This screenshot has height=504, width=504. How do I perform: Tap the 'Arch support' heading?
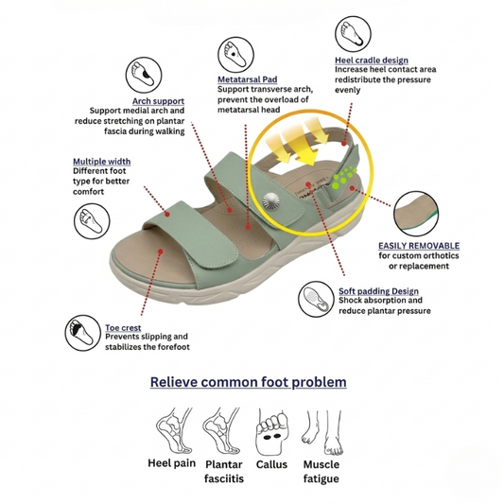pyautogui.click(x=159, y=101)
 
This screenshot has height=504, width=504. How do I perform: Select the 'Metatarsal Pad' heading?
pyautogui.click(x=248, y=79)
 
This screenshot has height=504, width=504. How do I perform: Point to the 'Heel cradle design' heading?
pyautogui.click(x=372, y=61)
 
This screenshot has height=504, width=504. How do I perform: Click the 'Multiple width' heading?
pyautogui.click(x=101, y=162)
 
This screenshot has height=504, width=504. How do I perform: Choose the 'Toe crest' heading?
pyautogui.click(x=123, y=328)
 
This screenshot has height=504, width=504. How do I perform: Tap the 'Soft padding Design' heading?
pyautogui.click(x=378, y=291)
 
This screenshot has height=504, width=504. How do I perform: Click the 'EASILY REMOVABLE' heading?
pyautogui.click(x=419, y=246)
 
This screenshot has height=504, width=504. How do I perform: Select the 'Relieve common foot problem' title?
pyautogui.click(x=248, y=382)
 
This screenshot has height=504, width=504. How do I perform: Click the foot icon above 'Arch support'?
pyautogui.click(x=144, y=76)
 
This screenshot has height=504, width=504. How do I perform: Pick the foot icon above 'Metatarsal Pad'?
pyautogui.click(x=236, y=55)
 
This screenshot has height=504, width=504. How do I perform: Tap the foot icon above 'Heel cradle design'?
pyautogui.click(x=353, y=34)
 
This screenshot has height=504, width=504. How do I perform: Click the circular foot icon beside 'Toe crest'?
pyautogui.click(x=83, y=333)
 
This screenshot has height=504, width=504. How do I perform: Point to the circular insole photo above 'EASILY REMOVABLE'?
pyautogui.click(x=416, y=214)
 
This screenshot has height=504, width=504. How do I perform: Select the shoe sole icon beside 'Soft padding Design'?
pyautogui.click(x=316, y=299)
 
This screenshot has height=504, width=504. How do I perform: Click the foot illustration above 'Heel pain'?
pyautogui.click(x=175, y=430)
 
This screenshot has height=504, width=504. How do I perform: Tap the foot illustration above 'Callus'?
pyautogui.click(x=272, y=432)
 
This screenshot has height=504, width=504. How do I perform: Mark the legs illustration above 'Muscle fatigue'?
pyautogui.click(x=322, y=432)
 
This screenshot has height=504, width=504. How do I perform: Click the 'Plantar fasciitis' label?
pyautogui.click(x=224, y=472)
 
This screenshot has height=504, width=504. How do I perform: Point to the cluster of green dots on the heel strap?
pyautogui.click(x=344, y=177)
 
